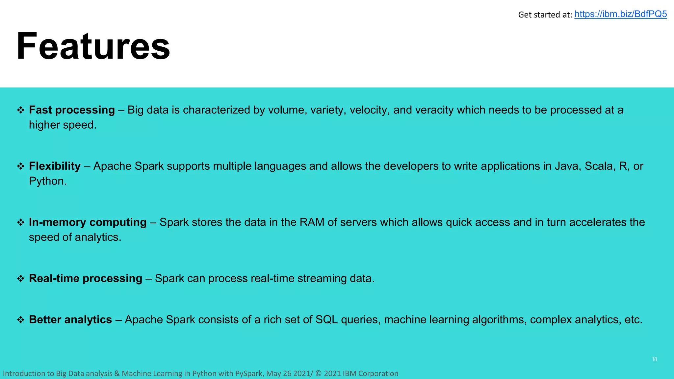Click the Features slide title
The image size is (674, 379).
pos(93,46)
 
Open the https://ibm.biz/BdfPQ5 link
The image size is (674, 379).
pos(620,14)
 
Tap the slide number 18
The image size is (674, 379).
pos(654,359)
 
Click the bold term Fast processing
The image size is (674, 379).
pos(72,110)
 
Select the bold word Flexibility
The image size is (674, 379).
pos(55,166)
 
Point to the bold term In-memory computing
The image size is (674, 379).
pos(88,222)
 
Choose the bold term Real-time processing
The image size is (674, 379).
pos(86,279)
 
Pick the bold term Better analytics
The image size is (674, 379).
pos(70,320)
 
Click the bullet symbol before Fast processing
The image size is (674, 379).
pos(21,110)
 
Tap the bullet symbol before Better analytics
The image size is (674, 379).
pos(21,320)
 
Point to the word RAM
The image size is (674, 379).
pos(312,222)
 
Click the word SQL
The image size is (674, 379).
pos(326,320)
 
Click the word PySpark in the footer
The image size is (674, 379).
pos(249,374)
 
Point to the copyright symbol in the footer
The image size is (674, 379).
pos(319,374)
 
